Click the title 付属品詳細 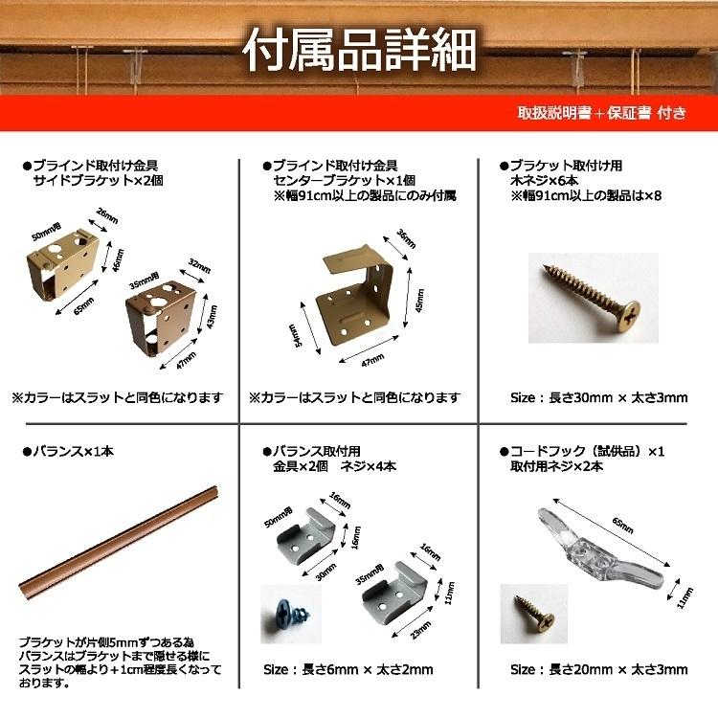[359, 51]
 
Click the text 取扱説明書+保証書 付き [601, 113]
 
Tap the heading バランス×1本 [66, 450]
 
